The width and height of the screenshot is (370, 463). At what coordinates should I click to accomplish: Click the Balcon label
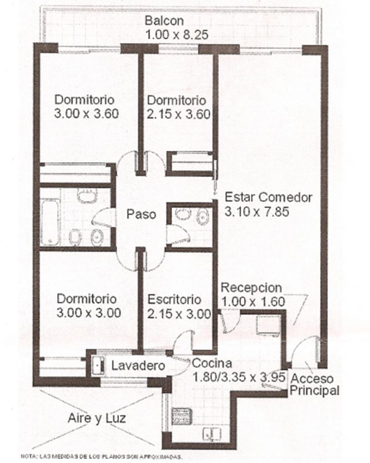click(x=164, y=21)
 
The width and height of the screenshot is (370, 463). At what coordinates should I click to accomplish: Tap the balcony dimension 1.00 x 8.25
click(x=177, y=35)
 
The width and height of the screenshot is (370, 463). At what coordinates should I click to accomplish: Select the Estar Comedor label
click(x=269, y=197)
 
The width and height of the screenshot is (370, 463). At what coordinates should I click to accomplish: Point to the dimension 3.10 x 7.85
click(x=257, y=212)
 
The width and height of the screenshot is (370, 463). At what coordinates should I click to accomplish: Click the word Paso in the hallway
click(x=141, y=214)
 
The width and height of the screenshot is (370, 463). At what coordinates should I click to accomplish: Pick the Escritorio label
click(x=175, y=300)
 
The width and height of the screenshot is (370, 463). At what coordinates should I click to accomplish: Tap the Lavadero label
click(x=138, y=366)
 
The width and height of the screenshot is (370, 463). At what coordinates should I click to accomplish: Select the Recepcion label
click(x=252, y=288)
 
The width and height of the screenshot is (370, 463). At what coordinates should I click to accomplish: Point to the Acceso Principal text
click(x=314, y=385)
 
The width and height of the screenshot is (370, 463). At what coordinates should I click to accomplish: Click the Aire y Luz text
click(x=97, y=418)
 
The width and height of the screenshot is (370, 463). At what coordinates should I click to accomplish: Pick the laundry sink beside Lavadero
click(x=98, y=366)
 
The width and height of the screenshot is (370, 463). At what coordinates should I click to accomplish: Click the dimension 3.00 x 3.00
click(x=88, y=313)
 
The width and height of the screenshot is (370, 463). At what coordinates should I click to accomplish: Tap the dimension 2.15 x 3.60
click(x=179, y=114)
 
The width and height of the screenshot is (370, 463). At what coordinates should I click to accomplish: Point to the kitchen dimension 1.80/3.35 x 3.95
click(x=239, y=377)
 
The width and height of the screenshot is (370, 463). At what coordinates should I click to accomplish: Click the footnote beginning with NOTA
click(x=101, y=457)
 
